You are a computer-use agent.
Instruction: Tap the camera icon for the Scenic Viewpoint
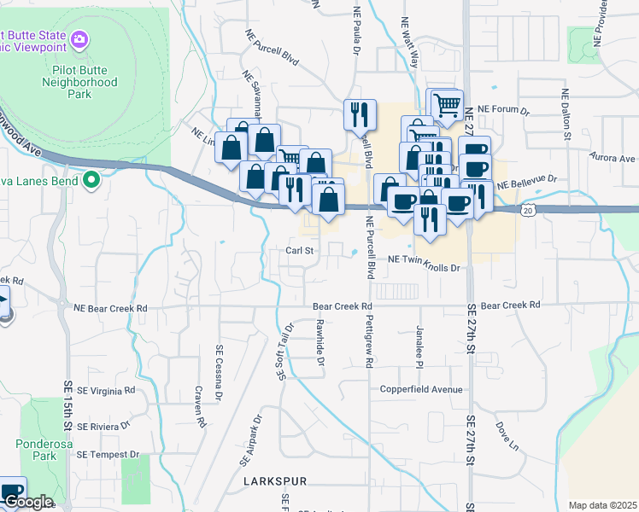[79, 39]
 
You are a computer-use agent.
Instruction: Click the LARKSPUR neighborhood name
[274, 482]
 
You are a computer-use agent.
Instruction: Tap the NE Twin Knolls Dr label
[424, 268]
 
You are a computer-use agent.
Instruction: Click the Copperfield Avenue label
[421, 390]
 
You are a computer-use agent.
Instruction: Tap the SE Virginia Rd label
[106, 391]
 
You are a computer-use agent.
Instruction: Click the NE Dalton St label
[566, 112]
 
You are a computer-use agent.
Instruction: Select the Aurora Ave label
[613, 159]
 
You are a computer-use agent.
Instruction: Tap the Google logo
[27, 503]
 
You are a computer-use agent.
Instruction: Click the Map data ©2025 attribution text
[601, 505]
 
